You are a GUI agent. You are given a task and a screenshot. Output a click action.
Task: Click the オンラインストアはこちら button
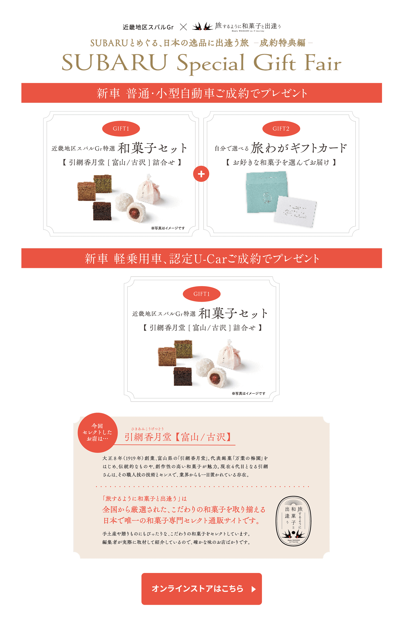tap(201, 589)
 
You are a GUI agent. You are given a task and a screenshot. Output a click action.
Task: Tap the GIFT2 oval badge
tap(281, 129)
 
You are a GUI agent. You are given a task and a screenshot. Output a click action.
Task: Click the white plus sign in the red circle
tap(201, 174)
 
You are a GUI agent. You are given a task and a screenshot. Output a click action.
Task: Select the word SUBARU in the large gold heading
tap(114, 63)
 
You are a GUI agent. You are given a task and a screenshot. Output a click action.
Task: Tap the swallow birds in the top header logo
tap(203, 26)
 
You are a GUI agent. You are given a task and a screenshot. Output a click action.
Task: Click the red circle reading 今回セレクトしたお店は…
tap(98, 433)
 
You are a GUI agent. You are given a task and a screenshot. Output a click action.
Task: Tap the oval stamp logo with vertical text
tap(293, 521)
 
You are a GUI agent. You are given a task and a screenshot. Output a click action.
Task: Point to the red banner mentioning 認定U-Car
tap(201, 258)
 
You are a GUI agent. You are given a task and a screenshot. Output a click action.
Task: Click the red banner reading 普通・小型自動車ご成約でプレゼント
tap(201, 93)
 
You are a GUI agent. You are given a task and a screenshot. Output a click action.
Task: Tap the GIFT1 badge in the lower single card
tap(201, 294)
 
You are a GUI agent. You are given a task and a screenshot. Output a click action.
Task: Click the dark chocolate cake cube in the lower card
tap(183, 376)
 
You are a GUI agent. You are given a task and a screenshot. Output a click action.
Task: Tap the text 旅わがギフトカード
tap(299, 148)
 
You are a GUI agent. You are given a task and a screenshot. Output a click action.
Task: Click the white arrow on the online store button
tap(253, 589)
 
